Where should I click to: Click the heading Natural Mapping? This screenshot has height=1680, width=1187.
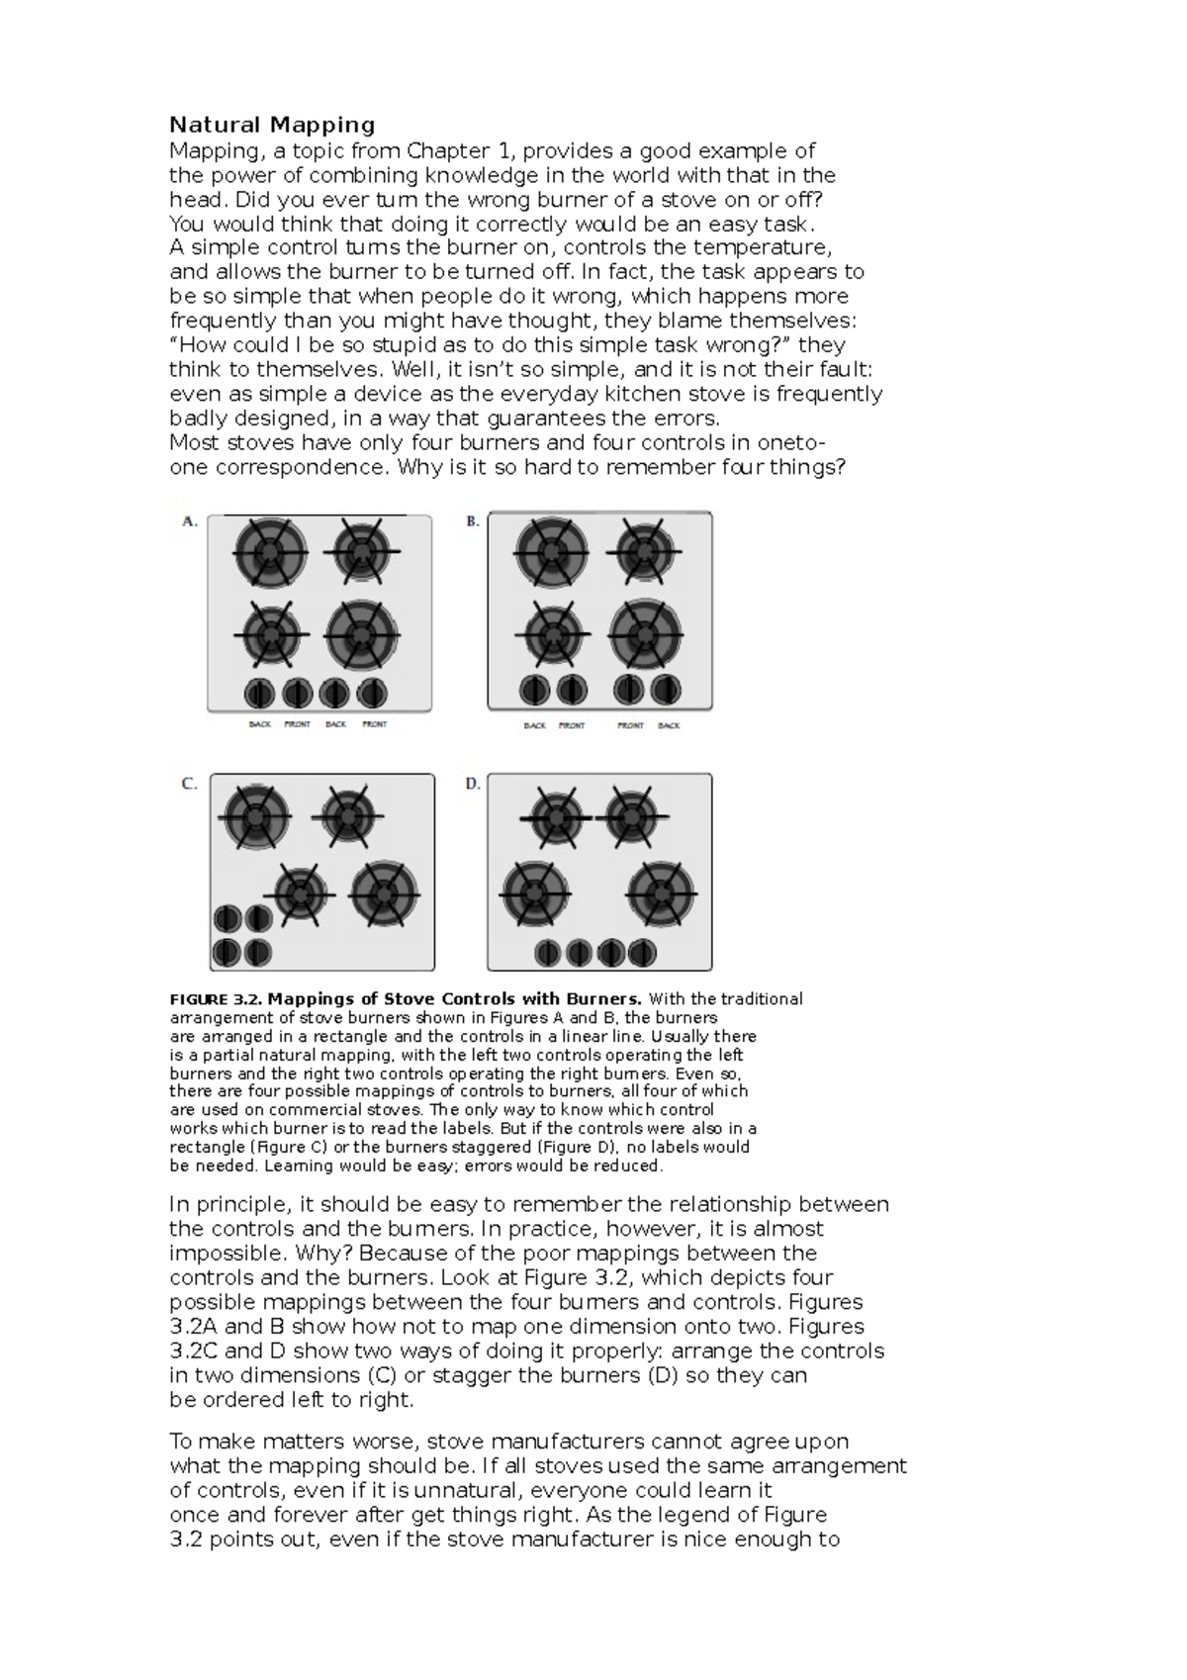click(272, 125)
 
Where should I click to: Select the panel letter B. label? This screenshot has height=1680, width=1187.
click(473, 521)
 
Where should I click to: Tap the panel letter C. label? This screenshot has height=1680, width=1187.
click(189, 784)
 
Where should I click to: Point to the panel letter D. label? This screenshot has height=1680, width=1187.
click(473, 784)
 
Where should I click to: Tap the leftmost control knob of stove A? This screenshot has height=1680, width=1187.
click(259, 692)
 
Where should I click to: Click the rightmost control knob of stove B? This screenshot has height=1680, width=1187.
click(668, 689)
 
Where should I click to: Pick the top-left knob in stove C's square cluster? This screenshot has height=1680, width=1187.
click(228, 919)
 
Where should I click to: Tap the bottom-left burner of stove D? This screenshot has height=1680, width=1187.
click(535, 892)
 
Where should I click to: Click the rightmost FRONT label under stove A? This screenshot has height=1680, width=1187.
click(375, 724)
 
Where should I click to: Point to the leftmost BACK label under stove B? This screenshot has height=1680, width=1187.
click(534, 725)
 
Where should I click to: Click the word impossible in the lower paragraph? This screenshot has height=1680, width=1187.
click(222, 1253)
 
